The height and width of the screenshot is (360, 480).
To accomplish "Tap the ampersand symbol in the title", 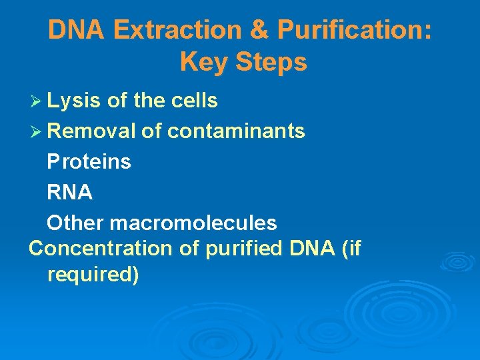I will (x=261, y=30).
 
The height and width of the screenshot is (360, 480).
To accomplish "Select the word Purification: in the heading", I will (x=355, y=30).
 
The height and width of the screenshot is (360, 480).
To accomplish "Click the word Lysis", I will (x=74, y=101).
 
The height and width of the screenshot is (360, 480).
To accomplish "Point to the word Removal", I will (x=91, y=131).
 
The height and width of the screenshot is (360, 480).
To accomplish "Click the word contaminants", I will (x=236, y=131).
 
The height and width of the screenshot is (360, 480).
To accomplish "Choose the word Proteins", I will (x=89, y=161).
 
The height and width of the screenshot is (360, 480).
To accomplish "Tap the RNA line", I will (x=70, y=192).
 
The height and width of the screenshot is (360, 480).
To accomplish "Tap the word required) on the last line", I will (x=93, y=275).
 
